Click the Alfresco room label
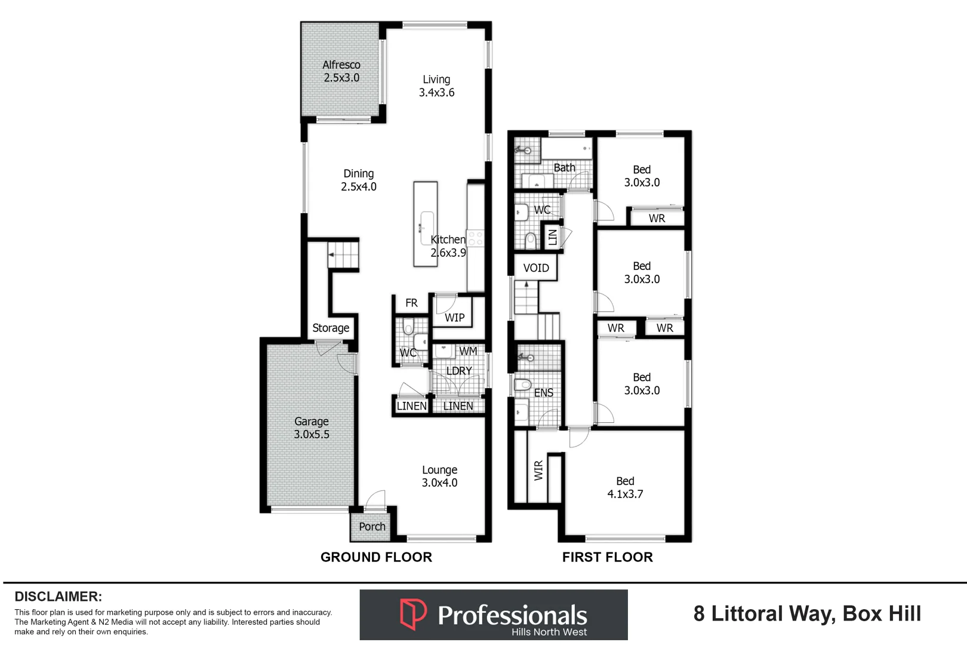341,65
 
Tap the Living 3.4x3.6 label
436,86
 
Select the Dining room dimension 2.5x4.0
359,186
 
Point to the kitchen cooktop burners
476,239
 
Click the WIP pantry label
455,318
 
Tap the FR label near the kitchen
411,303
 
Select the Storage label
331,328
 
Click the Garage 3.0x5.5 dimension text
311,434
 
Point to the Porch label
372,526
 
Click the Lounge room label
439,469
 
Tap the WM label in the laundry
468,351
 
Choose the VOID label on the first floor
536,268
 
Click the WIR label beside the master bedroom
538,471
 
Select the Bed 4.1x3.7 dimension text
625,494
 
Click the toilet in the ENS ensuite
523,384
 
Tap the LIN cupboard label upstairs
553,237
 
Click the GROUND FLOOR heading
376,557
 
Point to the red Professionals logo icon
413,613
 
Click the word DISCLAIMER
58,597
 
